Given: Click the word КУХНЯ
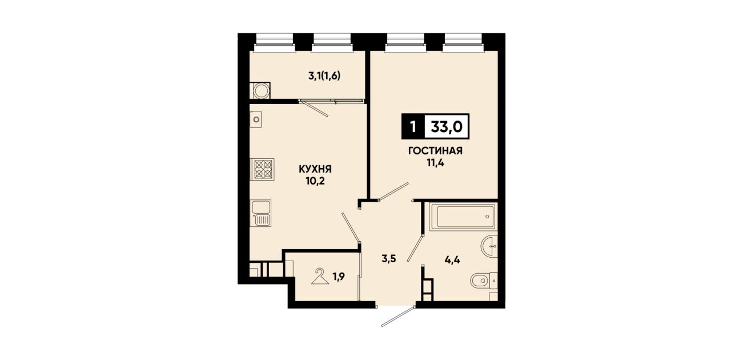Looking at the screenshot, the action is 315,169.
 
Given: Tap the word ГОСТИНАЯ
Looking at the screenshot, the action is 435,151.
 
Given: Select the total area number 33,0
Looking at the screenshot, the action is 447,126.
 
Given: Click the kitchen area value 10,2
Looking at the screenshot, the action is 315,181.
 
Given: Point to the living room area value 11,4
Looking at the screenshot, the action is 435,163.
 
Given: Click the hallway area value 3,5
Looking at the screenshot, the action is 389,259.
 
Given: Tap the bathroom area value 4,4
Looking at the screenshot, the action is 452,260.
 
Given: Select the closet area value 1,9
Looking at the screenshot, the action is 339,277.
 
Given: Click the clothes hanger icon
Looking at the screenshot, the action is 320,276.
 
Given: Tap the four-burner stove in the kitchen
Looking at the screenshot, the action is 262,169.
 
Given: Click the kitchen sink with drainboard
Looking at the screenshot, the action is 261,213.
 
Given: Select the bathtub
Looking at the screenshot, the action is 463,217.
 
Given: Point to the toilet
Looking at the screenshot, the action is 484,281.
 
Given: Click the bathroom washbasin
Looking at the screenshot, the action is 489,246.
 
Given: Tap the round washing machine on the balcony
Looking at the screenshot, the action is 261,91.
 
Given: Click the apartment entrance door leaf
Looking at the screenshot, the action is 398,317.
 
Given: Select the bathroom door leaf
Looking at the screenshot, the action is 415,249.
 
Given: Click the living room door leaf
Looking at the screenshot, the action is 393,191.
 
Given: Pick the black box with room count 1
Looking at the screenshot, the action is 413,126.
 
